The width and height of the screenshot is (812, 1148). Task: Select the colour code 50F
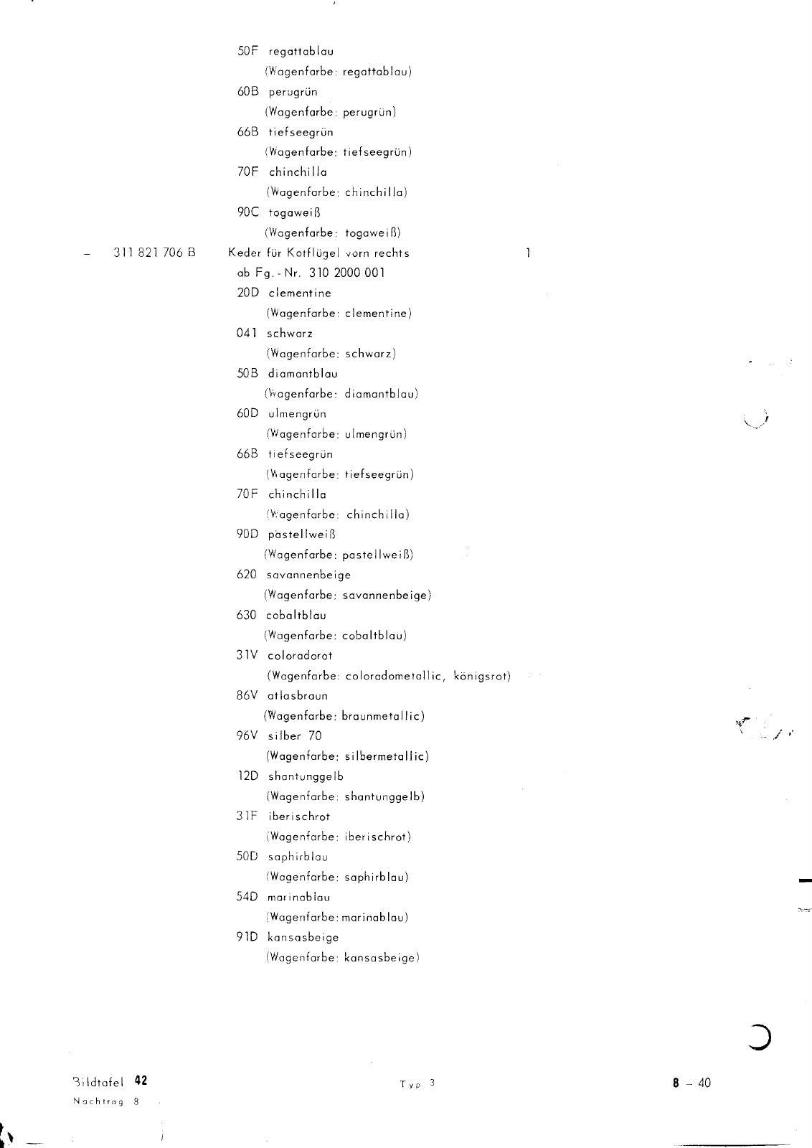point(248,52)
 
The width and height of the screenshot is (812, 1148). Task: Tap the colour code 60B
point(248,92)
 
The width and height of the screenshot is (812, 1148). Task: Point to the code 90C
point(248,212)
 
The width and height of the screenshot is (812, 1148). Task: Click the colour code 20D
point(248,293)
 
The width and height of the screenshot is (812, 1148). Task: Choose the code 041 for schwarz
point(246,333)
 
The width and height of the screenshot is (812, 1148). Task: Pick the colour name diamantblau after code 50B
point(303,373)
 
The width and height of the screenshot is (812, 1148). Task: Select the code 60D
point(248,413)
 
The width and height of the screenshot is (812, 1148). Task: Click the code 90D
point(248,534)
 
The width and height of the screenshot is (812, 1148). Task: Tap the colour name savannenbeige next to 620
point(308,574)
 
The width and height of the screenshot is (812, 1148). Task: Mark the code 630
point(246,615)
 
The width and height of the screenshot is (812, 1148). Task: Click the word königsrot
point(482,676)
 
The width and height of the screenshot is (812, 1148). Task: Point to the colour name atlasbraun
point(298,695)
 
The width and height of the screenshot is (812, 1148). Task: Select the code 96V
point(248,735)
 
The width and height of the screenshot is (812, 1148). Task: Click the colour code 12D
point(248,776)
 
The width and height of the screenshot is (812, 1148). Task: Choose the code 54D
point(248,897)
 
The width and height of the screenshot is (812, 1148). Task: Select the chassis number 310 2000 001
point(347,273)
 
